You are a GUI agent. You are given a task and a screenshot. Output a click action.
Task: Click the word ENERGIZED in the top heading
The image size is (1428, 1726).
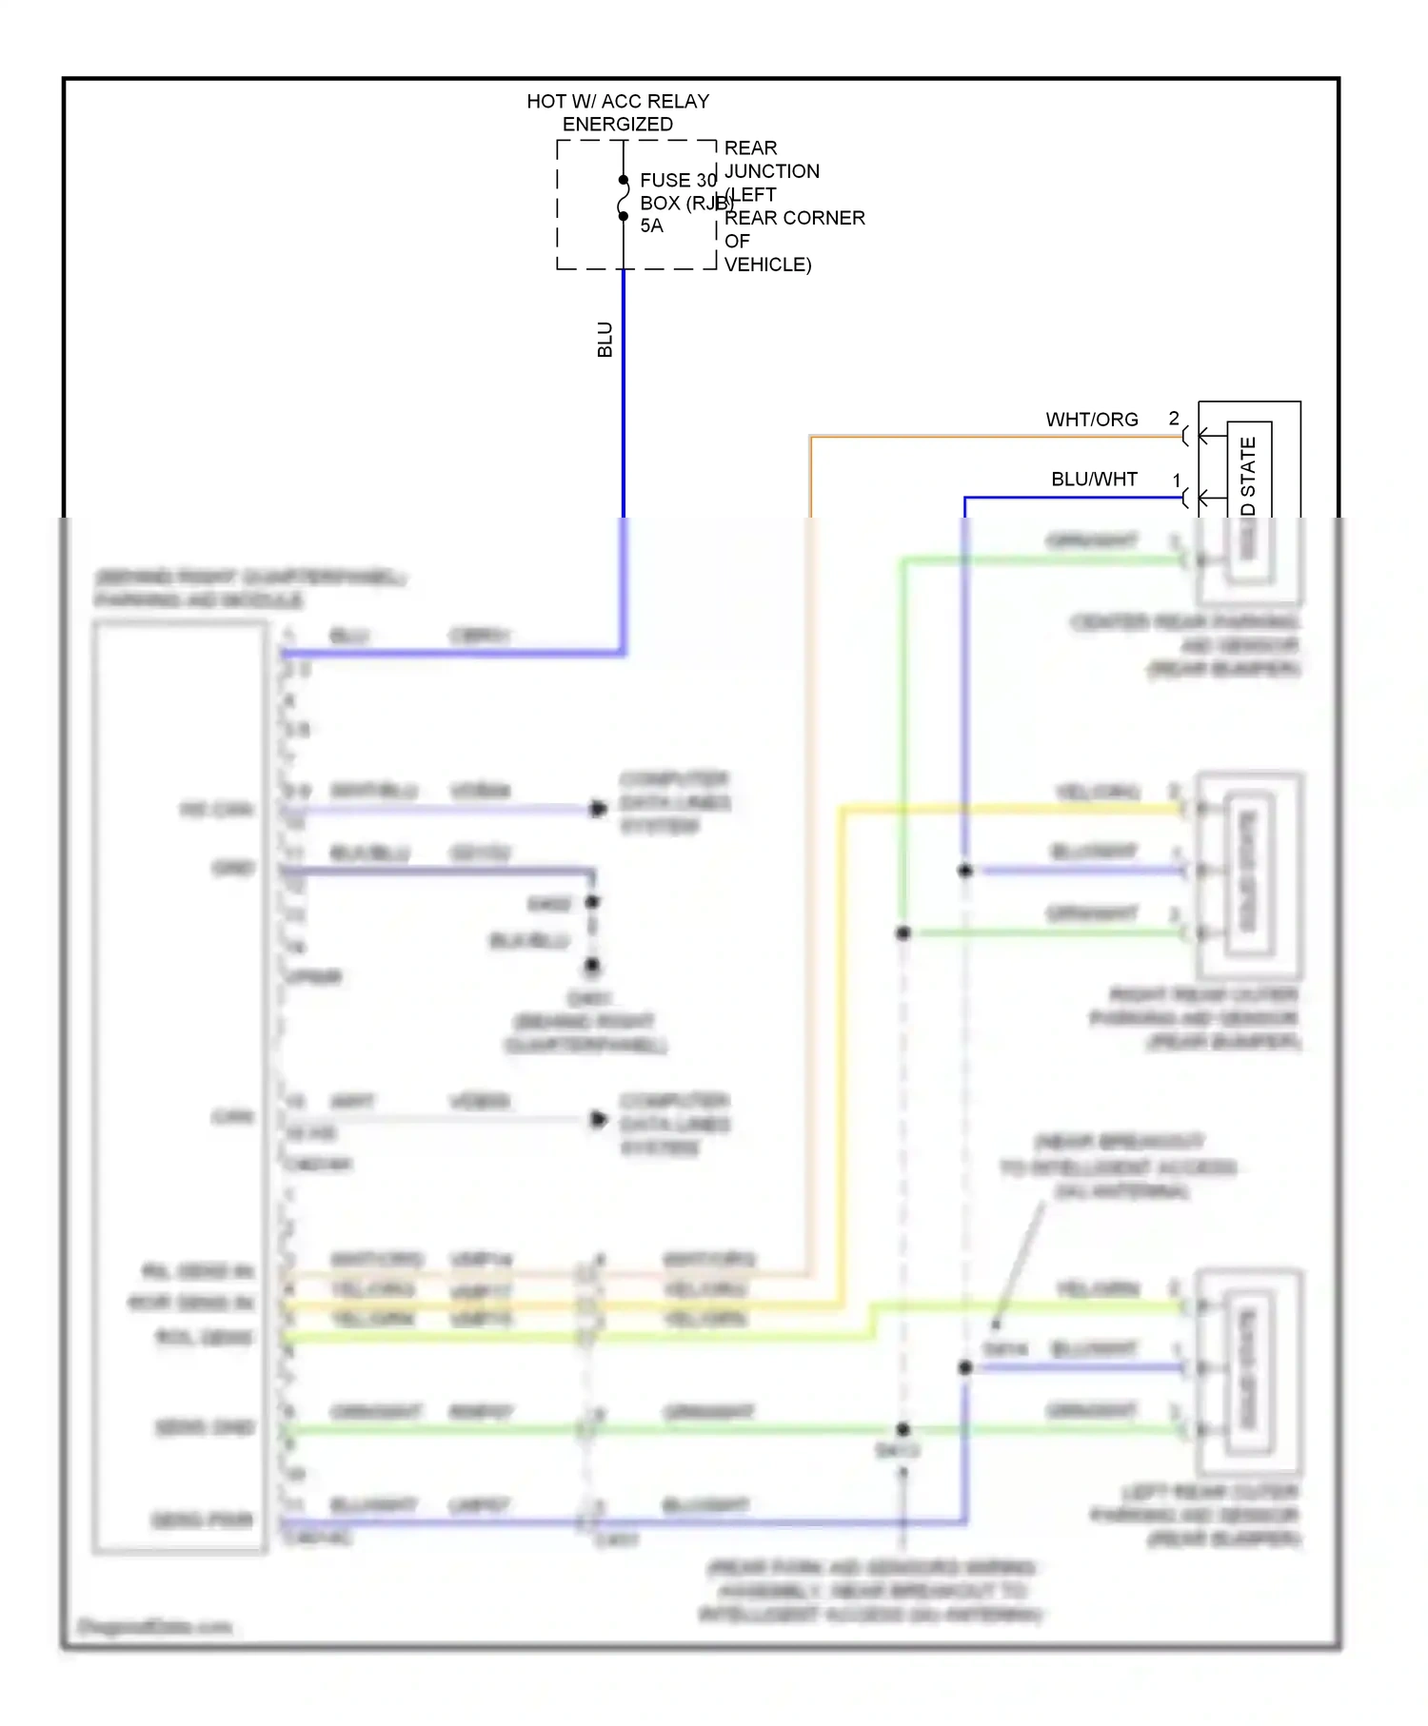(x=617, y=125)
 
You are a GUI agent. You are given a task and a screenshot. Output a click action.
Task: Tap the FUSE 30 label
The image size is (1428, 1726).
(x=677, y=180)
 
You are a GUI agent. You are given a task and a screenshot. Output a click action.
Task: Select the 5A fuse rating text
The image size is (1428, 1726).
(x=651, y=226)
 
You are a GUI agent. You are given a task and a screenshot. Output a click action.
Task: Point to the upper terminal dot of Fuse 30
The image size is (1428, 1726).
(x=624, y=180)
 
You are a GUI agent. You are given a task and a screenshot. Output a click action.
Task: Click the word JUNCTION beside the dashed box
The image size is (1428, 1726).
(x=771, y=171)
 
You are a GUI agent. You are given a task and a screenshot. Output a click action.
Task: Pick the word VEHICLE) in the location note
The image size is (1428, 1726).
(x=767, y=265)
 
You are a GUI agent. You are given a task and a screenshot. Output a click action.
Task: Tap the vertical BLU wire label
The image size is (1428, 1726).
(x=605, y=340)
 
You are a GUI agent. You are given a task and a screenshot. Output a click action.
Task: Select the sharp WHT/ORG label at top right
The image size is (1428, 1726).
(x=1091, y=420)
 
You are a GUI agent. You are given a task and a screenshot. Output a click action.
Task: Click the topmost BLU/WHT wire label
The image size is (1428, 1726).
(x=1094, y=480)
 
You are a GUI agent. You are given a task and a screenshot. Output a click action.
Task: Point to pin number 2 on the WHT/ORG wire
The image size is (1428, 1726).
(x=1174, y=419)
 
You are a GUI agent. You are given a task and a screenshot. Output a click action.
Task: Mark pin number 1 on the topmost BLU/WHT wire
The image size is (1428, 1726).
(x=1177, y=481)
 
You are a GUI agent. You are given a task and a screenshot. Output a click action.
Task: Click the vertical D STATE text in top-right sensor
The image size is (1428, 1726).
(x=1248, y=476)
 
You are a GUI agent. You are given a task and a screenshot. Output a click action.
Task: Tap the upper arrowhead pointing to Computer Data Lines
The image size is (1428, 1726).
(x=598, y=809)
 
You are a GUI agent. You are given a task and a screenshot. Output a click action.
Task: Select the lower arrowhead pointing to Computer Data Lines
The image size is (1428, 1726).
(x=598, y=1119)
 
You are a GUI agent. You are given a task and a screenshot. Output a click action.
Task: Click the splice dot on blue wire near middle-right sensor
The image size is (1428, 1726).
(x=964, y=871)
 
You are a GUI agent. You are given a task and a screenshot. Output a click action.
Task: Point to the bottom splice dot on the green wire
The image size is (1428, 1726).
(x=902, y=1429)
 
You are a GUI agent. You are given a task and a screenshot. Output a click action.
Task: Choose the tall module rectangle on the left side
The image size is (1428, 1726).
(x=180, y=1087)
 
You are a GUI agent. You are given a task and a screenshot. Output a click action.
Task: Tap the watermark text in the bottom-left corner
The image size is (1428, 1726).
(x=154, y=1626)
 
